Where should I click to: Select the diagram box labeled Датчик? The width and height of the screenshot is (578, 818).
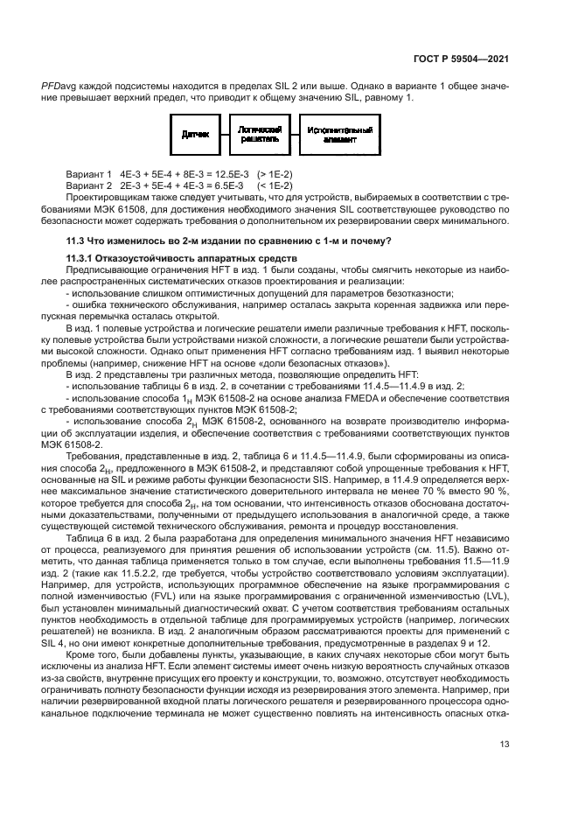click(195, 136)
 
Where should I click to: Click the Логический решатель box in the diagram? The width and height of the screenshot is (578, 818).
click(258, 135)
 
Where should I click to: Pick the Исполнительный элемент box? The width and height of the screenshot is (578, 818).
click(339, 135)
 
